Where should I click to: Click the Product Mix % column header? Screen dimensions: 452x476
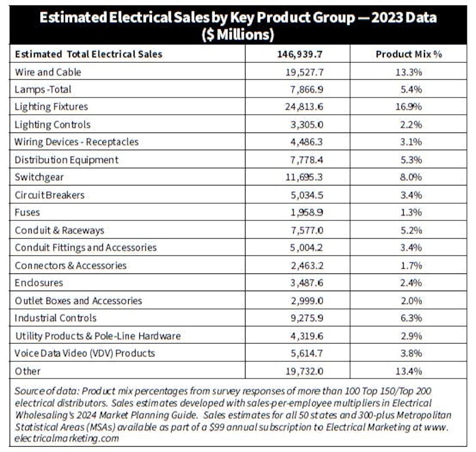(408, 54)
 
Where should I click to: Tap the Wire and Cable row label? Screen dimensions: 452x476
(48, 72)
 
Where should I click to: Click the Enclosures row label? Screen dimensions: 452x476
(39, 283)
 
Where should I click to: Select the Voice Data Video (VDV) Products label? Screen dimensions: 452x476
(85, 353)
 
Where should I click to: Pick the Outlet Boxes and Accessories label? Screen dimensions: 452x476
(78, 301)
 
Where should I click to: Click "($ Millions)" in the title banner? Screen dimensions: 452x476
(238, 34)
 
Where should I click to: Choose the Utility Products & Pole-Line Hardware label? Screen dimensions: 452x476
(98, 336)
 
